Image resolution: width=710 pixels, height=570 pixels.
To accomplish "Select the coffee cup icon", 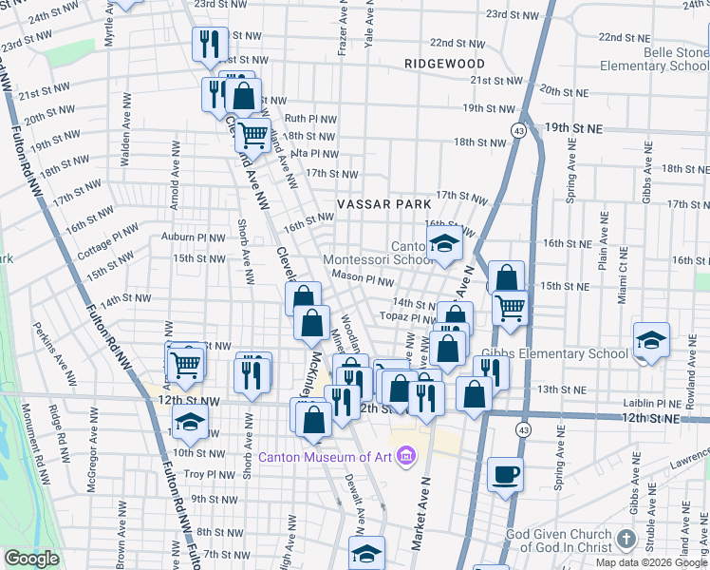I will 505,474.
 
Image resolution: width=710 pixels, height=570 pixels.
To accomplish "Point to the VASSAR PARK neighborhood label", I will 383,204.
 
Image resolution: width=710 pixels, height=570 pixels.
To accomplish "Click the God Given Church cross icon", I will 626,540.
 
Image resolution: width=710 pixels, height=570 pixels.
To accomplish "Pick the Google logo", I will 31,559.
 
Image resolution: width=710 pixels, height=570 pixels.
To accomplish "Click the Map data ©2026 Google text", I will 650,562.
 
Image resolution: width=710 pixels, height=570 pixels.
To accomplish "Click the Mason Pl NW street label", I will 363,281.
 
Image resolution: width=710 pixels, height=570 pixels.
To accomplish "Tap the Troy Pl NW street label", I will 208,474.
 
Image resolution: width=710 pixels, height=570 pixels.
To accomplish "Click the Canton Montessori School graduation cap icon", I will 443,243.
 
